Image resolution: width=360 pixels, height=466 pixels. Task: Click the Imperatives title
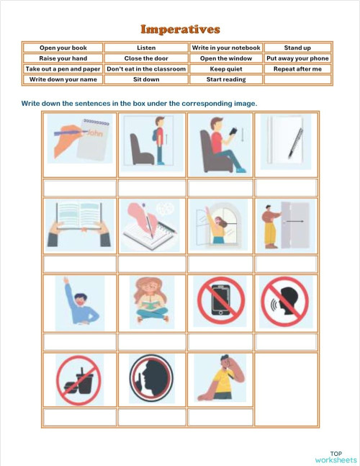click(180, 30)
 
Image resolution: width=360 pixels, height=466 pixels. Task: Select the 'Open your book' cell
click(63, 48)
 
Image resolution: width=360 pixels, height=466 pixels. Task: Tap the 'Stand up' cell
click(297, 48)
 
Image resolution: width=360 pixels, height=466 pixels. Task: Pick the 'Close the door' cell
click(146, 58)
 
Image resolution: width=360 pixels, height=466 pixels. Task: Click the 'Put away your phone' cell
click(297, 58)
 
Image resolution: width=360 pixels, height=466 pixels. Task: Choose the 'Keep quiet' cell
click(226, 69)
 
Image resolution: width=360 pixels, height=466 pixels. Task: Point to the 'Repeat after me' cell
click(297, 69)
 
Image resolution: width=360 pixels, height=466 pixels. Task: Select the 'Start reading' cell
click(226, 79)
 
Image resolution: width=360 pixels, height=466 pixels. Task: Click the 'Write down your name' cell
click(63, 79)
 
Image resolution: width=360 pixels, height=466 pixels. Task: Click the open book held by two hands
click(79, 225)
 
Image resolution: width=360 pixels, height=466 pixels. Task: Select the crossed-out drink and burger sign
click(79, 380)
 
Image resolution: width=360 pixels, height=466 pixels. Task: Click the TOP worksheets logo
click(336, 457)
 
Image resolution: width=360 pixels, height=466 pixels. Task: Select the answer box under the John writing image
click(79, 188)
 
